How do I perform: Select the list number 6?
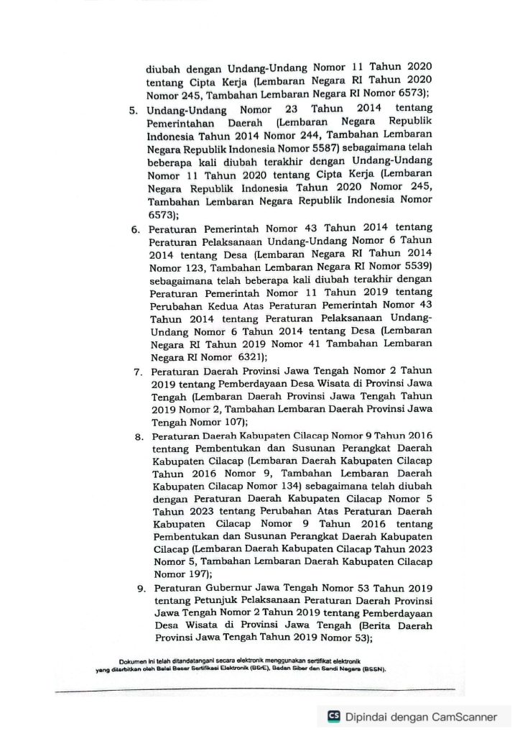[x=134, y=229]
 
